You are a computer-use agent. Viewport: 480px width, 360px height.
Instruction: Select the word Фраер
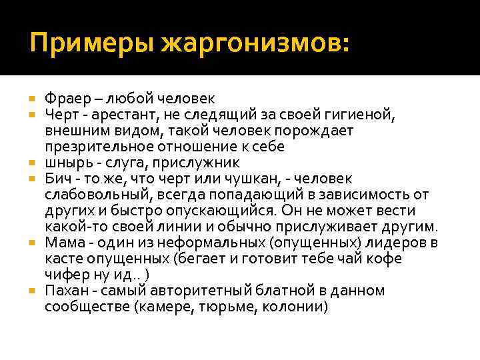(65, 99)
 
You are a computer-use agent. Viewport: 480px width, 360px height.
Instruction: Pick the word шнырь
(67, 163)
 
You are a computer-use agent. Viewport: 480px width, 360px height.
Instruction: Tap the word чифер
(67, 275)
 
